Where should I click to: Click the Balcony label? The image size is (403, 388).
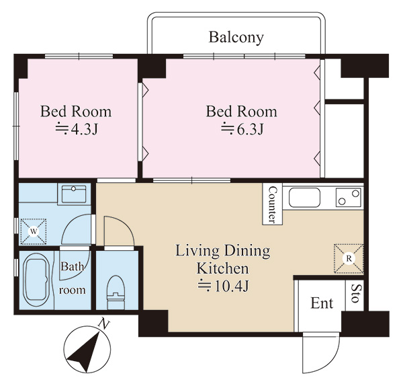point(236,38)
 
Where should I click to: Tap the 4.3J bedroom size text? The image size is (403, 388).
point(77,129)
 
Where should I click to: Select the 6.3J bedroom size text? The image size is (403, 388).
point(242,129)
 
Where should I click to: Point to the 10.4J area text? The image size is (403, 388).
point(224,286)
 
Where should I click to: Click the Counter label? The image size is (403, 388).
point(272,204)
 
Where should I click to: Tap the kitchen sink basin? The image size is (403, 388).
point(304,198)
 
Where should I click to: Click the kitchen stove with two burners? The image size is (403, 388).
point(348,197)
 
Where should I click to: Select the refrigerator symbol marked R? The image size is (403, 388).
point(349,258)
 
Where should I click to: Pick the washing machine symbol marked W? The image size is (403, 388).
point(34,231)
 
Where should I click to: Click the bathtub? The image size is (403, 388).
point(36,280)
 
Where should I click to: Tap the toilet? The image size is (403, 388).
point(116,293)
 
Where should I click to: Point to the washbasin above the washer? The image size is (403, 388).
point(74,194)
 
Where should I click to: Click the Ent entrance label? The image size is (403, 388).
point(322,303)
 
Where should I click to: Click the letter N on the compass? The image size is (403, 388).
point(104,324)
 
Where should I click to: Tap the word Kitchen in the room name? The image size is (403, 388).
point(223,268)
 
